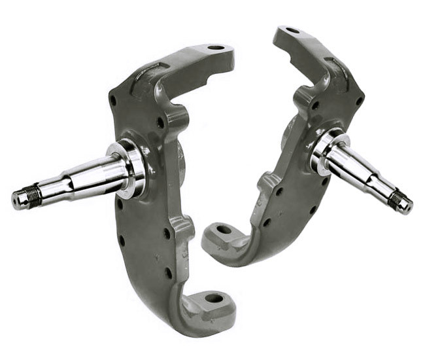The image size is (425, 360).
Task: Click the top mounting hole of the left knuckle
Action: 215,48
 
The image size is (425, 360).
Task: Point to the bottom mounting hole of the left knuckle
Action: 214,298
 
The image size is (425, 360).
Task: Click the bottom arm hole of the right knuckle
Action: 223,230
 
